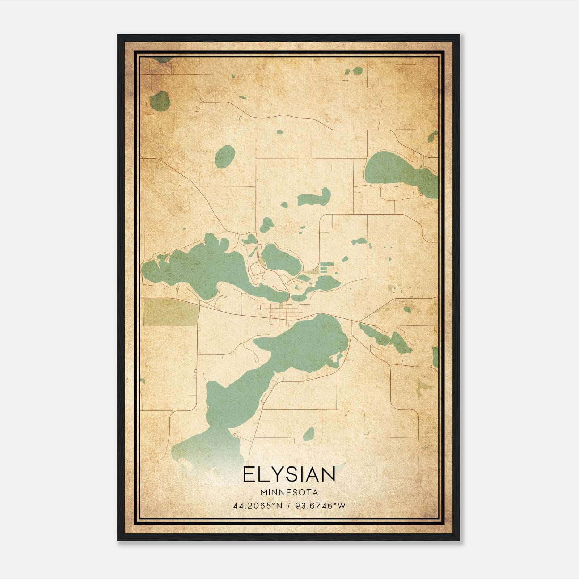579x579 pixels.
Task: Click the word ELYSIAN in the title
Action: click(x=289, y=474)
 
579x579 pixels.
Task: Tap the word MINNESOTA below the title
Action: click(x=289, y=493)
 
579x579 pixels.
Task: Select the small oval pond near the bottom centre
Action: click(x=309, y=434)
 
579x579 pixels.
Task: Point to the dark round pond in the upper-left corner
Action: click(x=160, y=101)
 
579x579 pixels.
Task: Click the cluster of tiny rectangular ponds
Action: click(x=325, y=267)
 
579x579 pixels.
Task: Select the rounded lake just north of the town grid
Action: click(x=280, y=258)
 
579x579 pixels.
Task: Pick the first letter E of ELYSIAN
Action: click(x=248, y=474)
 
